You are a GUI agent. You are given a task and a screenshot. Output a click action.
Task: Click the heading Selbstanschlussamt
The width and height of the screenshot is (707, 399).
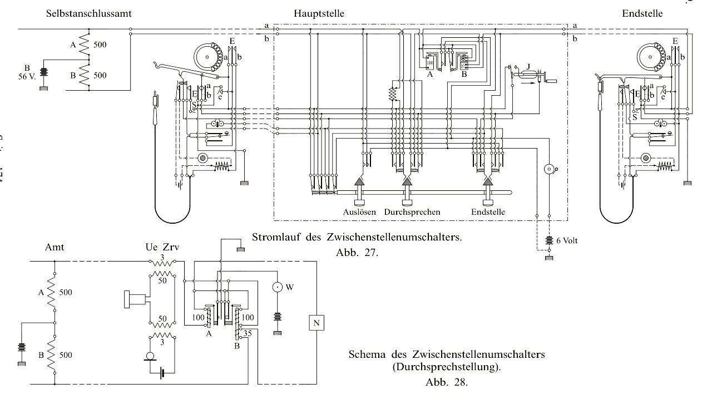(89, 13)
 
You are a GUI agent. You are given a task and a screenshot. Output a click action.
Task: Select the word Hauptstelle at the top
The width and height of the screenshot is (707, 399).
(320, 13)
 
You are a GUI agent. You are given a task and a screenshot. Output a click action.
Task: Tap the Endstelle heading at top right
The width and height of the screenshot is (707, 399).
(642, 13)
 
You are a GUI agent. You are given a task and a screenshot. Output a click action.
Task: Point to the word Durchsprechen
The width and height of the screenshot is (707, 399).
(413, 212)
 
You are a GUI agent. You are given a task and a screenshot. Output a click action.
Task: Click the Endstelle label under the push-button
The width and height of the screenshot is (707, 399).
(488, 212)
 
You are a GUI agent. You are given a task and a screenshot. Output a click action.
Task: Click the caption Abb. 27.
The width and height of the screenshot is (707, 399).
(357, 252)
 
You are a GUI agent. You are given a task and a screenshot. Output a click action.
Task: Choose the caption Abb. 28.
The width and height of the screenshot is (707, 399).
(447, 382)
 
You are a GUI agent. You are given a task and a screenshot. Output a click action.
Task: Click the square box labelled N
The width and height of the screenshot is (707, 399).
(317, 322)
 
